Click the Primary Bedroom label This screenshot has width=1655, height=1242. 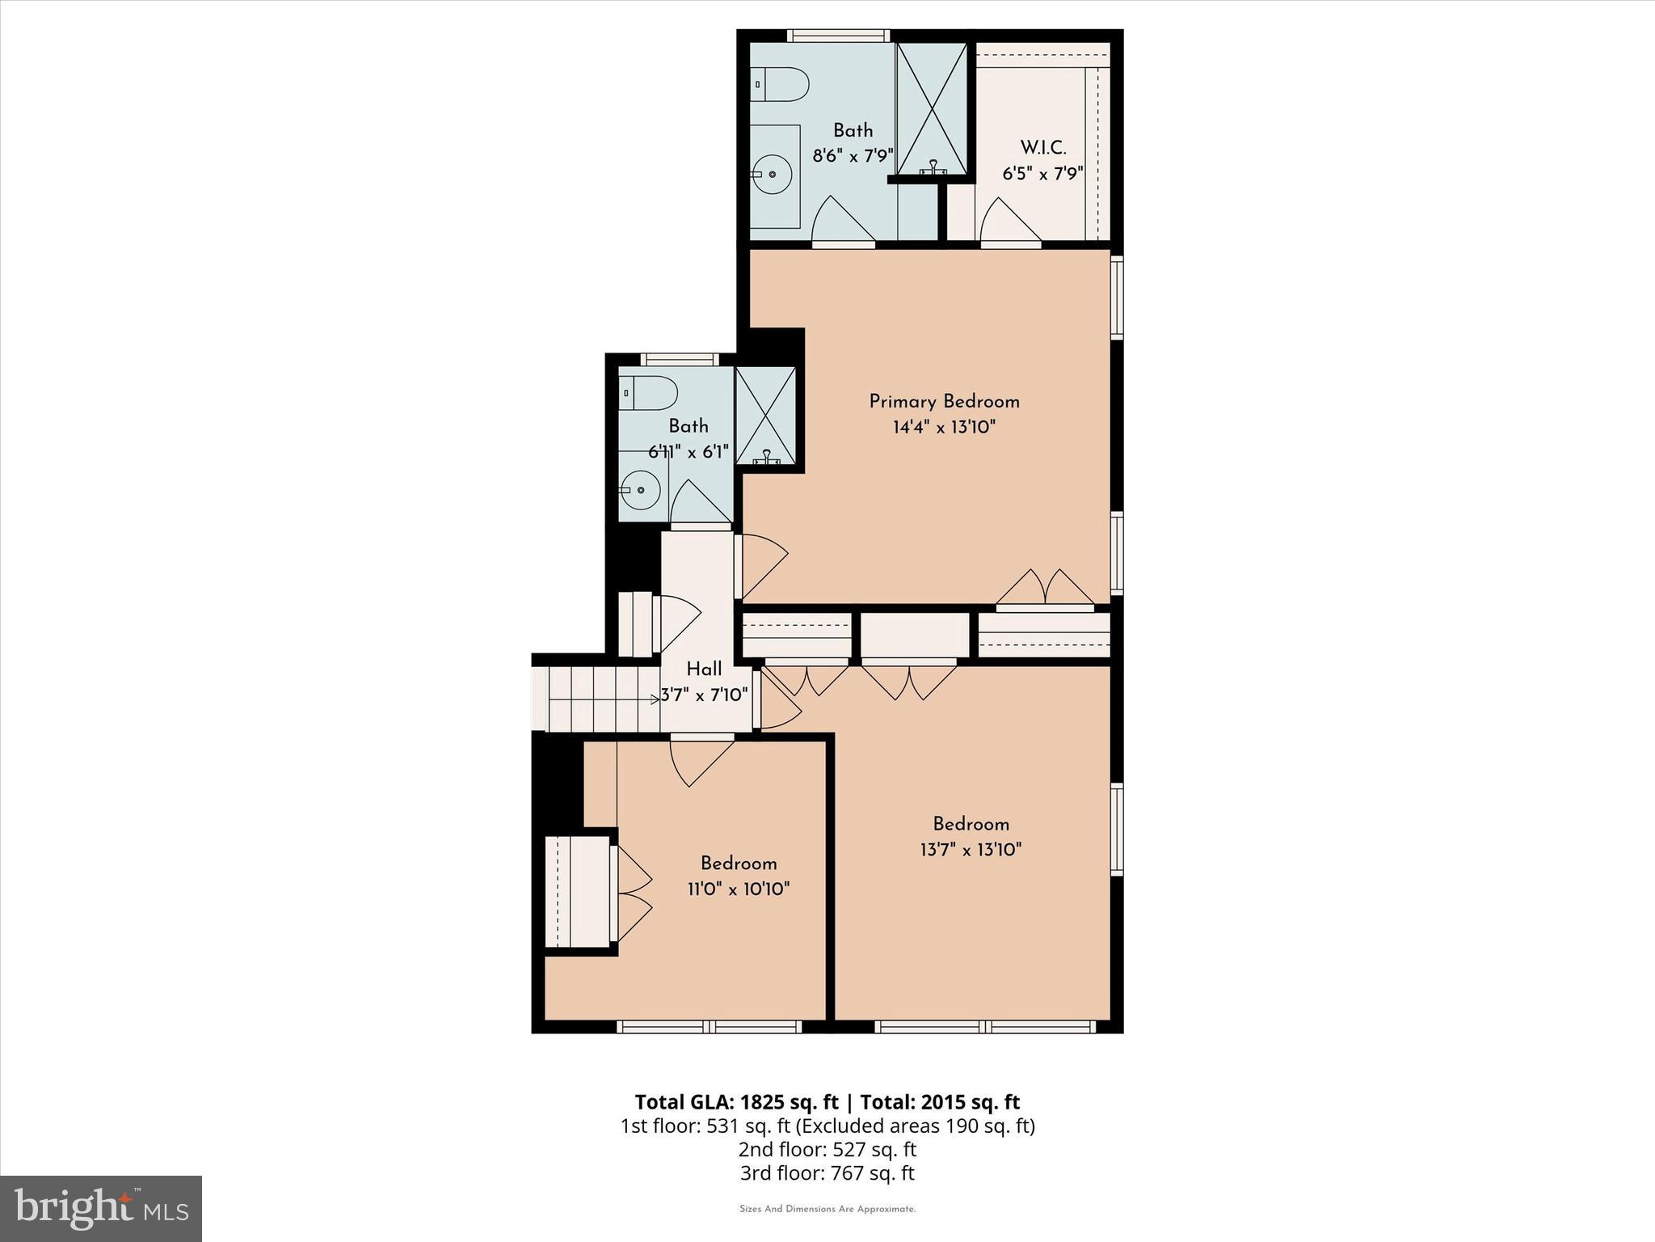pyautogui.click(x=944, y=402)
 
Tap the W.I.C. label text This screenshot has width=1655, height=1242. pyautogui.click(x=1042, y=148)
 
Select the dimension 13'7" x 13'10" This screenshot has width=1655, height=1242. pyautogui.click(x=971, y=850)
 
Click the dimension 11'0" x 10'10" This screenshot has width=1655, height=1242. pyautogui.click(x=738, y=889)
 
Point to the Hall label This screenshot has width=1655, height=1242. pyautogui.click(x=704, y=670)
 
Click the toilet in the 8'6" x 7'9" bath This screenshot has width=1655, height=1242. pyautogui.click(x=779, y=84)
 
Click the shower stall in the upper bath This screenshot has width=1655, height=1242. pyautogui.click(x=932, y=108)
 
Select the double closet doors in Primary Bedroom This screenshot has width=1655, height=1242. pyautogui.click(x=1045, y=589)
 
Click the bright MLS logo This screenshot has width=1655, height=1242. pyautogui.click(x=101, y=1209)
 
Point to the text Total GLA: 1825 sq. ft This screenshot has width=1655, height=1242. pyautogui.click(x=737, y=1102)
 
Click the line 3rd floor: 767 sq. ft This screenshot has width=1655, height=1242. pyautogui.click(x=827, y=1173)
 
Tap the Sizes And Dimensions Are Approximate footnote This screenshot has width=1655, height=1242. pyautogui.click(x=827, y=1209)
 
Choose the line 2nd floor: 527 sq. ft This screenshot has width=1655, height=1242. pyautogui.click(x=827, y=1149)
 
